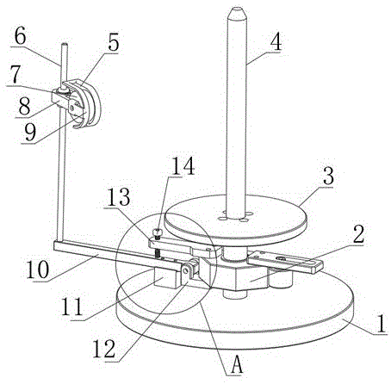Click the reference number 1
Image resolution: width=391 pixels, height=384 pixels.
point(381,324)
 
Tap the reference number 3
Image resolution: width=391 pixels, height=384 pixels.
point(328,176)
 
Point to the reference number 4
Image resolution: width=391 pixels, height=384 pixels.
point(276,42)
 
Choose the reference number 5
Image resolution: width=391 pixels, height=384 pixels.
point(113,43)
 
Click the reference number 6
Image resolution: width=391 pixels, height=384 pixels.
point(20,36)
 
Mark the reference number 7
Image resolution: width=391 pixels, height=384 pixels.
point(15,74)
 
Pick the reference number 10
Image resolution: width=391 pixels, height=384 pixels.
point(38,269)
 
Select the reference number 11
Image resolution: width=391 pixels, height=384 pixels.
point(72,307)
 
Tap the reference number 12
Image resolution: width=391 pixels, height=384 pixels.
point(104,349)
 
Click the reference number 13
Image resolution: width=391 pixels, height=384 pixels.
point(119,197)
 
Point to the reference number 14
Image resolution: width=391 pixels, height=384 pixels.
point(183,166)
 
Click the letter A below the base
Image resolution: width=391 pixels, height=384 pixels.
point(237,364)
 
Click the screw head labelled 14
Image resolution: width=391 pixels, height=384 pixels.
point(157,232)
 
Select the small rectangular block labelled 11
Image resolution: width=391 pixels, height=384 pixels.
point(164,277)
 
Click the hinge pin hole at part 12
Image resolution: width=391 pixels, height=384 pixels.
point(186,269)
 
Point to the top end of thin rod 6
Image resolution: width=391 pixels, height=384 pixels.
point(65,44)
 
